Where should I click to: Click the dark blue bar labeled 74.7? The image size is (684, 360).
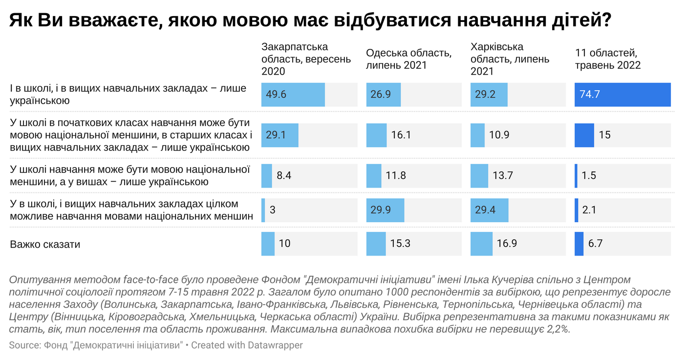tap(622, 95)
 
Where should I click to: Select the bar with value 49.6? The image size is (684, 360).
tap(293, 95)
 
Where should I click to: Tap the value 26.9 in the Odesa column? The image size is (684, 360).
tap(381, 95)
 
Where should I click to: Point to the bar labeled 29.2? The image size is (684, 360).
tap(489, 95)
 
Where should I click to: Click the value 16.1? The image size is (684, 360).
tap(401, 135)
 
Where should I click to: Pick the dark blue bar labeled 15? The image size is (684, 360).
tap(584, 135)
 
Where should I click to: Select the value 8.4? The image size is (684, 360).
tap(284, 175)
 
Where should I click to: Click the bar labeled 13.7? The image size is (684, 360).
tap(479, 175)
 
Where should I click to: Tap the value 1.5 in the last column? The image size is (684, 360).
tap(589, 175)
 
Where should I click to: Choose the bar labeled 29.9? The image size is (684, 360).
tap(385, 211)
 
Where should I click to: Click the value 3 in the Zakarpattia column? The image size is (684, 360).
tap(273, 211)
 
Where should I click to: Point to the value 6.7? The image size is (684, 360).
tap(595, 243)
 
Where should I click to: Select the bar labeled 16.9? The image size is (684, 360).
tap(481, 243)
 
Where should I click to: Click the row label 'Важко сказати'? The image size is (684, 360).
tap(45, 244)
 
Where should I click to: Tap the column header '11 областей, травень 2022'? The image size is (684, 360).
tap(608, 59)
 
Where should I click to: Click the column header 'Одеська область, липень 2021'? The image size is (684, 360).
tap(408, 59)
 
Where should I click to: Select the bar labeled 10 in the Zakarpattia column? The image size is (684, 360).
tap(268, 243)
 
